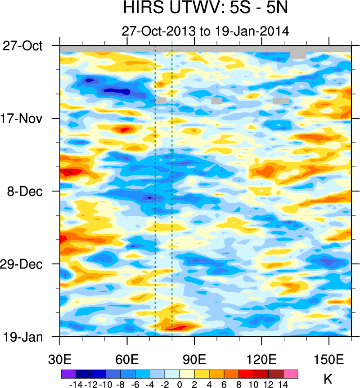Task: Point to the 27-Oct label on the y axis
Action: coord(28,46)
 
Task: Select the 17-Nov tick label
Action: coord(28,119)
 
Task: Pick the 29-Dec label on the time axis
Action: coord(28,264)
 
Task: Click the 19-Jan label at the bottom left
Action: coord(29,337)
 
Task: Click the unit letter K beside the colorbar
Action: coord(328,378)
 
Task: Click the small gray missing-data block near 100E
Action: coord(217,101)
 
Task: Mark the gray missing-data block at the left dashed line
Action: coord(161,101)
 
